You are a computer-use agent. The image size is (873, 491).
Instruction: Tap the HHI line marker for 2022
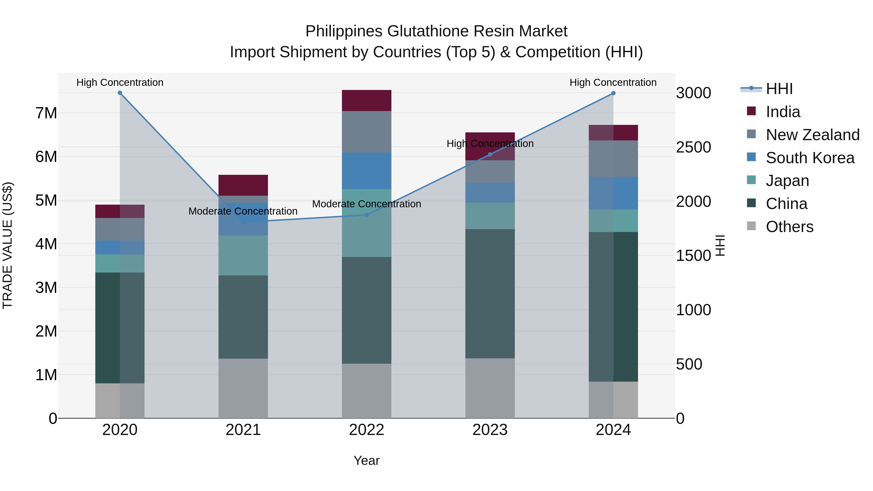(x=366, y=215)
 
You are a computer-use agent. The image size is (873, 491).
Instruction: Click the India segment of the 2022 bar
(x=366, y=100)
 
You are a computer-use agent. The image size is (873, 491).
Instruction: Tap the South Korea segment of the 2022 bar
(x=366, y=171)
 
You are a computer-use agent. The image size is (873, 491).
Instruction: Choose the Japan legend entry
(x=787, y=181)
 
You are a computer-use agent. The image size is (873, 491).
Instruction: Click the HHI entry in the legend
(x=779, y=89)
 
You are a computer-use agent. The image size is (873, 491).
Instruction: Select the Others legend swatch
(x=751, y=226)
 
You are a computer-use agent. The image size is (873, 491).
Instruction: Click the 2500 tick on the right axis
(x=693, y=147)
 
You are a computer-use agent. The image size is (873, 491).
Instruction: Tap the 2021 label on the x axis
(x=243, y=430)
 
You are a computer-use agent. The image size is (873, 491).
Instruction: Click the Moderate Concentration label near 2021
(x=243, y=211)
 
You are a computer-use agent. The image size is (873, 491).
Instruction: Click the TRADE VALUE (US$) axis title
(x=8, y=245)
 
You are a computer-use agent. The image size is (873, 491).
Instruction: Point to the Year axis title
(x=366, y=460)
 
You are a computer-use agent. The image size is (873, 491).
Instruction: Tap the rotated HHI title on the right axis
(x=720, y=245)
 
